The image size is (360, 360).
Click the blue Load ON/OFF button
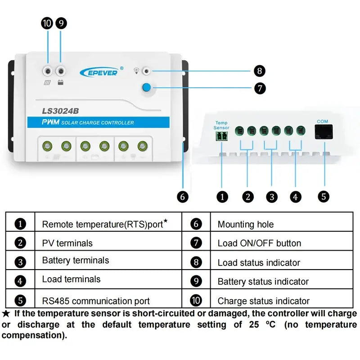tap(147, 88)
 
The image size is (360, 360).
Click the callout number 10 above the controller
tap(47, 23)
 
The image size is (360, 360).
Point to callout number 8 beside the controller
tap(260, 71)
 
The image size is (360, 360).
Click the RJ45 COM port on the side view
tap(322, 132)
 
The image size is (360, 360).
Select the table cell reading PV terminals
tap(67, 243)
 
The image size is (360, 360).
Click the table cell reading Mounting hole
tap(245, 224)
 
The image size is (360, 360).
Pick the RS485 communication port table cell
tap(96, 301)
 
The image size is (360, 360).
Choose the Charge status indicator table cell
tap(263, 301)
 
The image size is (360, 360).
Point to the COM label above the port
tap(322, 121)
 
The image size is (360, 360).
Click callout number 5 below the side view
tap(323, 196)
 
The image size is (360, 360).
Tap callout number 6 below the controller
tap(182, 197)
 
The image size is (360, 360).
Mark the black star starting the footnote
tap(6, 313)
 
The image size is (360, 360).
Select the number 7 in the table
tap(196, 243)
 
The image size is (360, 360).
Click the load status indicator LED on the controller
tap(146, 71)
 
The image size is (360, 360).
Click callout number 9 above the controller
tap(61, 23)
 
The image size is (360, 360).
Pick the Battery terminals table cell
tap(75, 261)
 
